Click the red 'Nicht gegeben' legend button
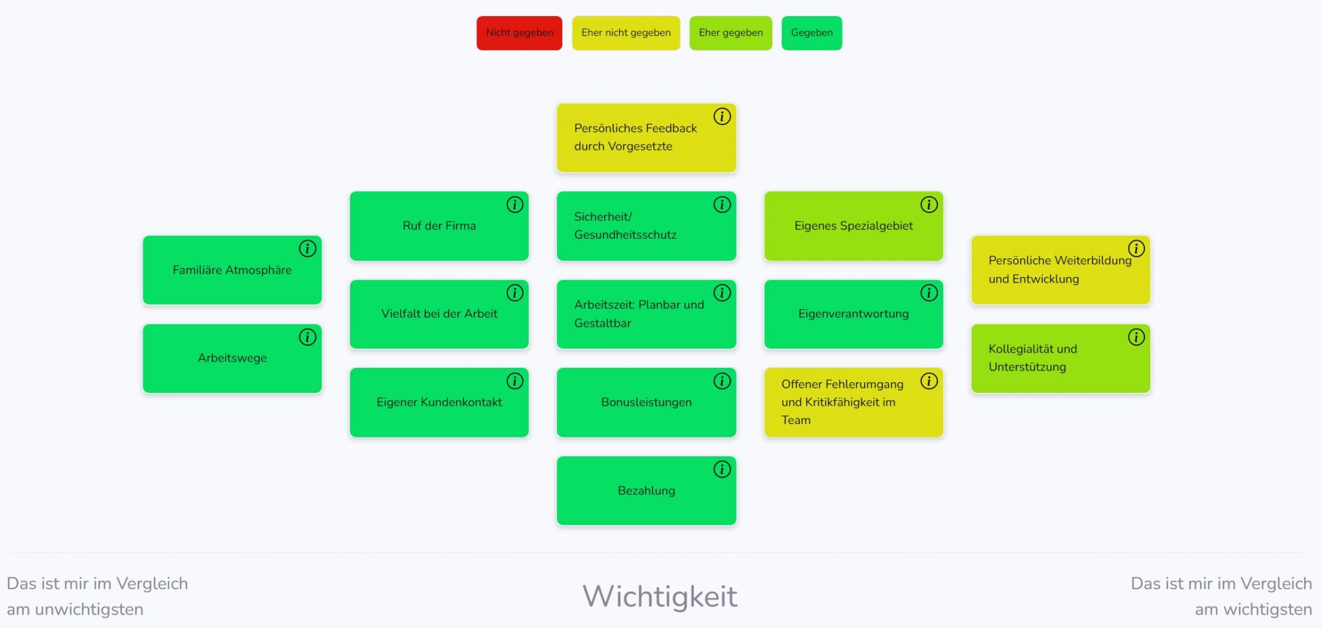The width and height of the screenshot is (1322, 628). [x=519, y=33]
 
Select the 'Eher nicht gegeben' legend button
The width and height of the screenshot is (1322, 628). [x=625, y=33]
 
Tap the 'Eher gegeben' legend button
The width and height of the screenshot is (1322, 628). [x=730, y=33]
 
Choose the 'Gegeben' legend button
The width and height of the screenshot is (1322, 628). [x=811, y=33]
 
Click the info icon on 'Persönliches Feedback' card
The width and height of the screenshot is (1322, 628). [x=722, y=116]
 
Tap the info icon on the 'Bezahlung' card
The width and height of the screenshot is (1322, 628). [x=722, y=469]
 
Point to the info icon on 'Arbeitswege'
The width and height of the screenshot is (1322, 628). [x=307, y=337]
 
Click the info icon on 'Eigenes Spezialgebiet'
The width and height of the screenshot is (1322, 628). [x=928, y=205]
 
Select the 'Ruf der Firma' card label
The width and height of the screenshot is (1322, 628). [x=439, y=226]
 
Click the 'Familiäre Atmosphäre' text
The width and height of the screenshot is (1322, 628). [x=232, y=270]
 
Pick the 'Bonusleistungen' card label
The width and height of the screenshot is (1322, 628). [x=646, y=402]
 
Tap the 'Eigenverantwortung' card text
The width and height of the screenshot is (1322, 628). [x=853, y=314]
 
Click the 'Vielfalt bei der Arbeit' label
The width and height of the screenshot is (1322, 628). [x=439, y=314]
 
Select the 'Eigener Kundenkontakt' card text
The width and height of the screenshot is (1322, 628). [x=439, y=402]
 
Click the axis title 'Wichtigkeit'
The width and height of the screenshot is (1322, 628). [x=660, y=596]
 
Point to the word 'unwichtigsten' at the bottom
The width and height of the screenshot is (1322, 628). [x=89, y=609]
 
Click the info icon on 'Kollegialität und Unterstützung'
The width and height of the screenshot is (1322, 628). [x=1135, y=337]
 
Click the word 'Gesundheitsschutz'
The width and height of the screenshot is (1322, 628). [x=625, y=235]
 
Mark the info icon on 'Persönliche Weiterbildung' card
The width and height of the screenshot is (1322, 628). [x=1135, y=248]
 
